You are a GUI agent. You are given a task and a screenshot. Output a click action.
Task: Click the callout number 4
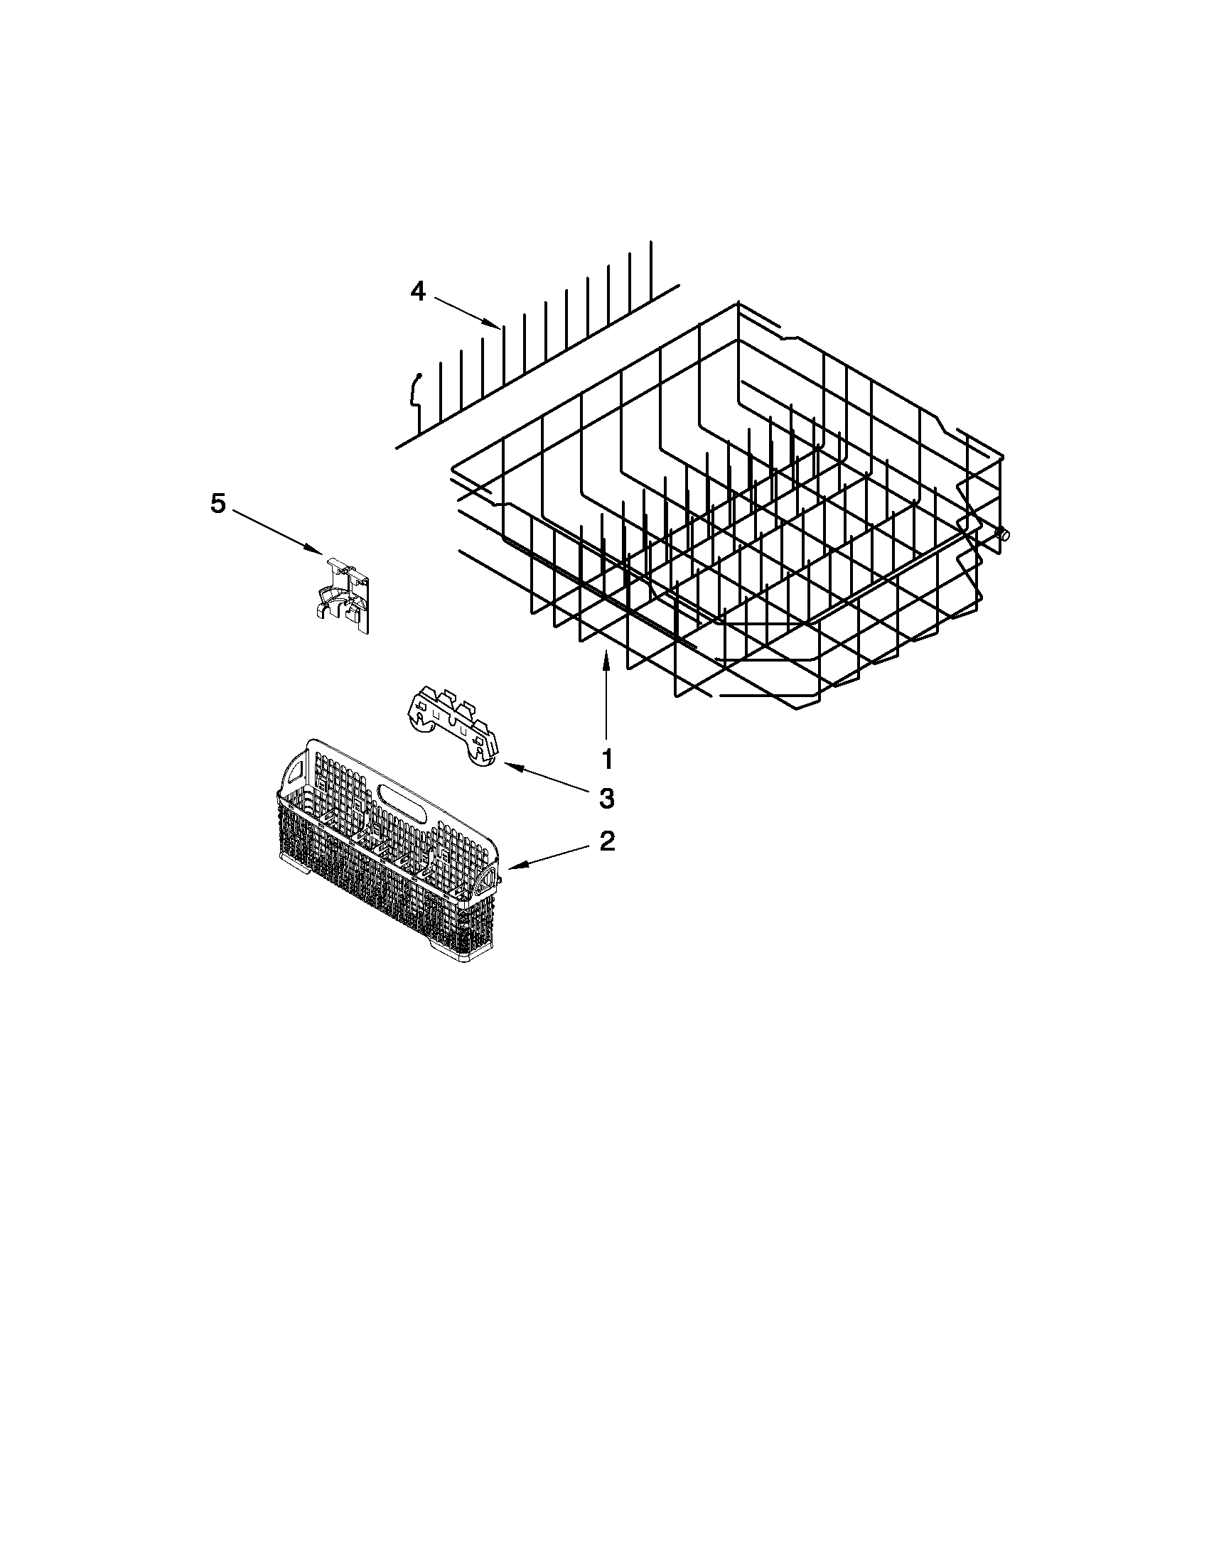(x=417, y=291)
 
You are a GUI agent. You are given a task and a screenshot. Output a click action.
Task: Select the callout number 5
(x=217, y=504)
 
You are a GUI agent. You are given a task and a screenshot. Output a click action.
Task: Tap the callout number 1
(x=608, y=758)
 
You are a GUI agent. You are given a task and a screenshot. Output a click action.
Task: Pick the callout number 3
(x=607, y=799)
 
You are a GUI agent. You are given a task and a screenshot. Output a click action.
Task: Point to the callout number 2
(x=607, y=841)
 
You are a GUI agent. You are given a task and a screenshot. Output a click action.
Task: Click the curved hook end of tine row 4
(x=415, y=387)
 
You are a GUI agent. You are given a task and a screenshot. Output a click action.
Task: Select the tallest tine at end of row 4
(x=651, y=269)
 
